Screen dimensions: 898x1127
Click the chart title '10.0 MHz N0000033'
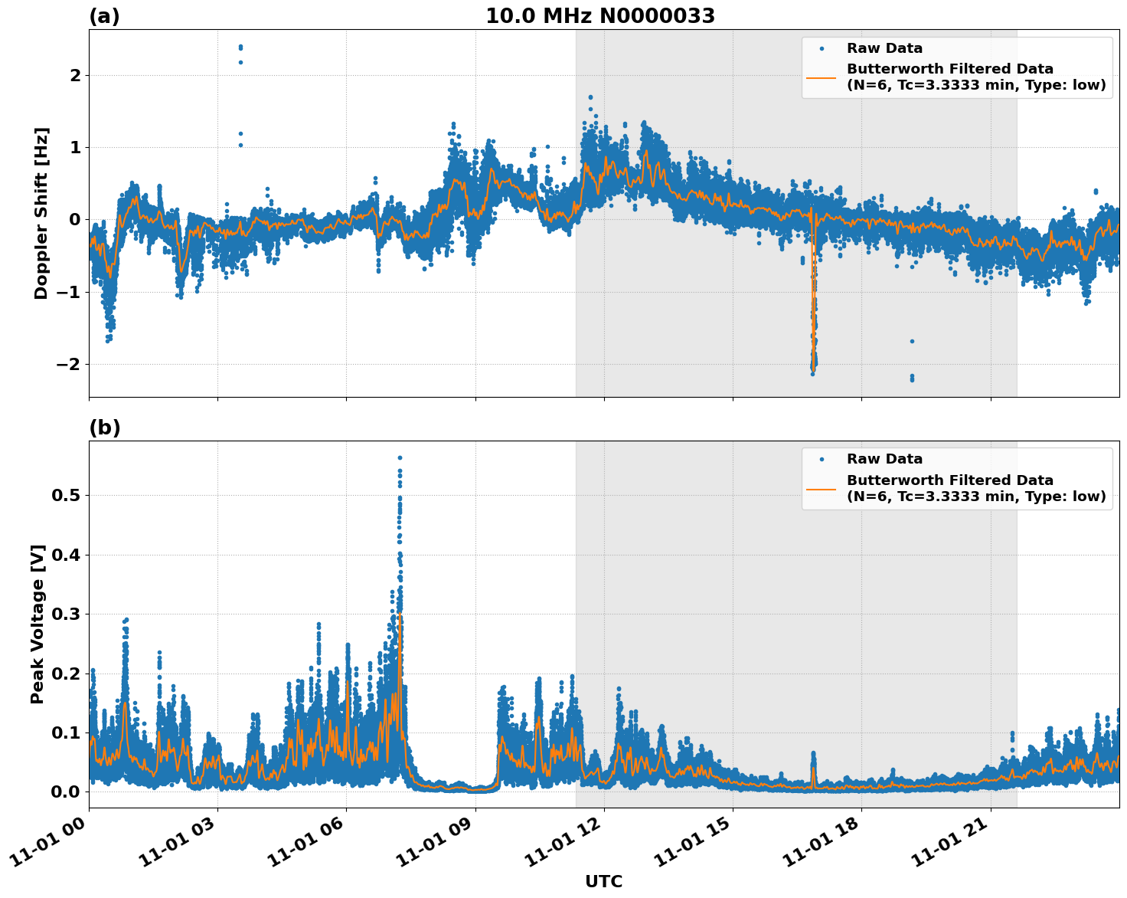tap(599, 15)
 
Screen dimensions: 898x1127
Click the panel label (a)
tap(104, 16)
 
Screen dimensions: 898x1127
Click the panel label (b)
tap(104, 428)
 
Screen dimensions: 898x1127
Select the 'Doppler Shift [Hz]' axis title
tap(41, 213)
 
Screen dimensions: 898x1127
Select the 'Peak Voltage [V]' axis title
tap(38, 624)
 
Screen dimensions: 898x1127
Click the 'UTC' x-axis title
tap(603, 881)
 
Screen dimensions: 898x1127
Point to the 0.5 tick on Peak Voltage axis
tap(66, 496)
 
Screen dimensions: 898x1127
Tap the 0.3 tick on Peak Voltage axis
tap(66, 615)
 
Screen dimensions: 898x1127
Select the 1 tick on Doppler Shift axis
tap(75, 147)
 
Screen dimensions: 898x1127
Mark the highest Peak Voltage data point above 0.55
tap(400, 457)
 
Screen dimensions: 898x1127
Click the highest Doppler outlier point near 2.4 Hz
tap(240, 47)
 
